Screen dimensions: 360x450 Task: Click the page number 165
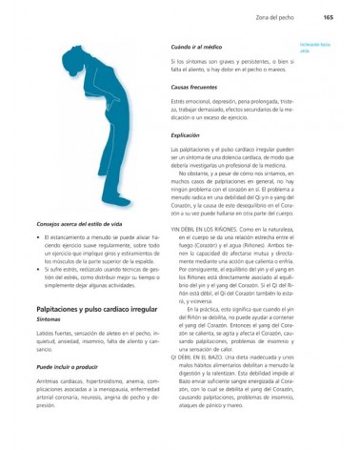point(327,16)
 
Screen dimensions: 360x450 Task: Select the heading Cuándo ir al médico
point(196,47)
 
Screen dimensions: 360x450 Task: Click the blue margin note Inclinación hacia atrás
point(314,46)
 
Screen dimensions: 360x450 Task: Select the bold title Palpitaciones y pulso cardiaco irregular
point(96,310)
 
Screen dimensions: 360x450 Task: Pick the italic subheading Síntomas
point(49,320)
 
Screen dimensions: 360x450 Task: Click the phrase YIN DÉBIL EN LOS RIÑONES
point(204,230)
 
